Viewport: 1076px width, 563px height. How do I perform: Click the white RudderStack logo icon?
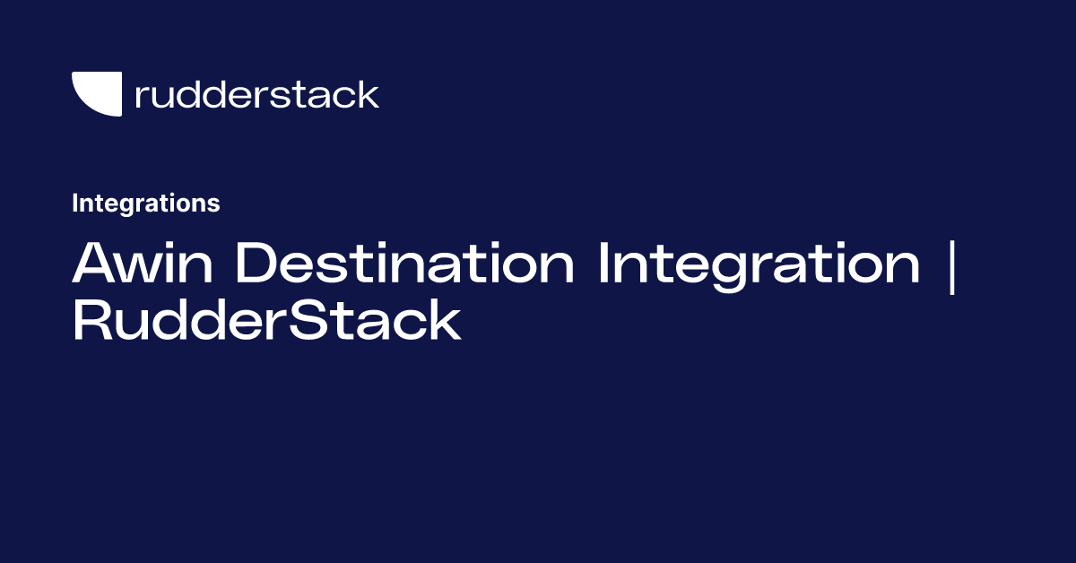coord(96,93)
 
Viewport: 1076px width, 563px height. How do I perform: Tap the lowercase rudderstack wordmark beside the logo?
coord(256,94)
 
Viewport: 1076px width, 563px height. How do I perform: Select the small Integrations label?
coord(145,204)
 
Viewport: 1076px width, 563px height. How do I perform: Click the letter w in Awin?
coord(143,270)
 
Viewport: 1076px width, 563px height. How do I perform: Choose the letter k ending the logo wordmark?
coord(369,94)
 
